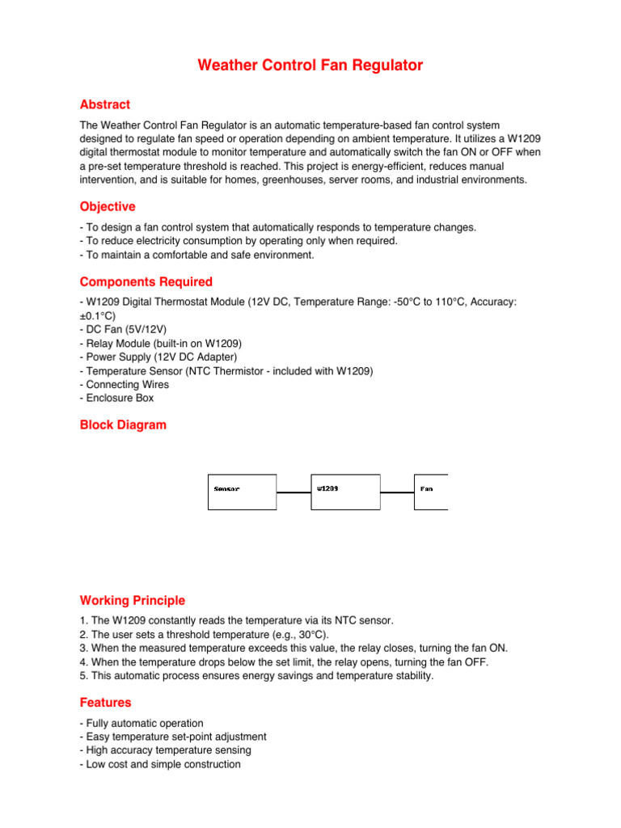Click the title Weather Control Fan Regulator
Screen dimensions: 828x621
pos(310,65)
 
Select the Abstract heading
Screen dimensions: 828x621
pos(105,104)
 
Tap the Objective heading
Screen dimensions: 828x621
pos(108,206)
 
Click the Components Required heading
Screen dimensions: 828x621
pos(146,281)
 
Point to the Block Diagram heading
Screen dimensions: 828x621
pos(123,425)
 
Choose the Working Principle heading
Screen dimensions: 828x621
pos(133,600)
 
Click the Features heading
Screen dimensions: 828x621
pos(105,703)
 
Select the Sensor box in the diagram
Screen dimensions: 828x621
pos(242,492)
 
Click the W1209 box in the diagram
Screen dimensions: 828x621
pos(345,492)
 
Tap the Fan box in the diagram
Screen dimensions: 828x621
pos(430,492)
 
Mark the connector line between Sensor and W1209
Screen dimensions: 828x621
pos(294,492)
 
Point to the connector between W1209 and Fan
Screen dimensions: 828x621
pos(397,492)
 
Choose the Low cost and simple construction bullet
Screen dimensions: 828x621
pos(163,764)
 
